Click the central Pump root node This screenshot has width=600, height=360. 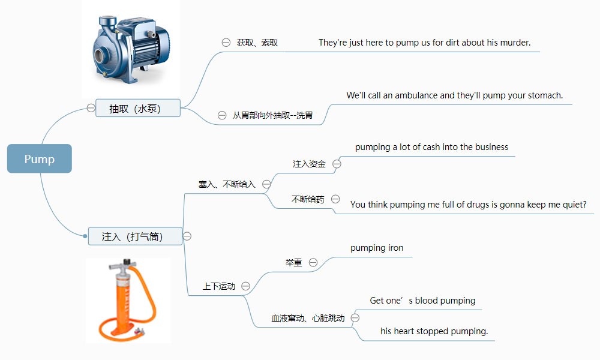[40, 159]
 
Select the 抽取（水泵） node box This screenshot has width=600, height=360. [138, 108]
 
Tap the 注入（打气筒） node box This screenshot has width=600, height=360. [135, 236]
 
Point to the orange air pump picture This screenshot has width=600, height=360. [127, 300]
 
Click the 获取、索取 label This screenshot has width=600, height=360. [257, 43]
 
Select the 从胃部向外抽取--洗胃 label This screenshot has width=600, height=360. [273, 115]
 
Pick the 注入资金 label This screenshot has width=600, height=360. [309, 164]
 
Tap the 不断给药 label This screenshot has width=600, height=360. [308, 199]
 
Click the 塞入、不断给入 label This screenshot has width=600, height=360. [227, 184]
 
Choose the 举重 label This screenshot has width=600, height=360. [294, 263]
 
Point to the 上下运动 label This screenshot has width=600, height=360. [219, 287]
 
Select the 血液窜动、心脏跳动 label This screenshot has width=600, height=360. [308, 318]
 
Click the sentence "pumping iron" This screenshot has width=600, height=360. [377, 248]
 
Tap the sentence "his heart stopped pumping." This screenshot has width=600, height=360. [434, 331]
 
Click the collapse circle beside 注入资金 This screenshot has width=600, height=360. [337, 164]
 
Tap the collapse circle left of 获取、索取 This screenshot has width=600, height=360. [226, 43]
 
